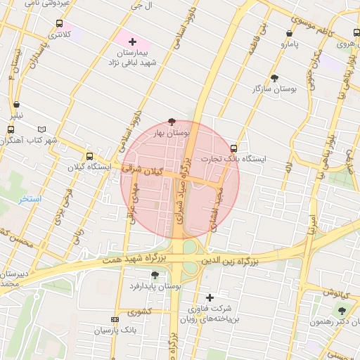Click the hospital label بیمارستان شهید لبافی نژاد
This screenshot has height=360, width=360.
click(131, 58)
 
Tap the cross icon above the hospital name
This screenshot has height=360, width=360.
click(132, 42)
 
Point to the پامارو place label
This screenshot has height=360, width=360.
click(290, 44)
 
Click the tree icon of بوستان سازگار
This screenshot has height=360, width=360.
click(274, 78)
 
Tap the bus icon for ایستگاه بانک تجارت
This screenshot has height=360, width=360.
click(234, 148)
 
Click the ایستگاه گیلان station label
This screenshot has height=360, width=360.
click(89, 167)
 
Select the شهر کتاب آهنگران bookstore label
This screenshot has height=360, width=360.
click(29, 141)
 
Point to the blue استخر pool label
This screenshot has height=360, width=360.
click(30, 199)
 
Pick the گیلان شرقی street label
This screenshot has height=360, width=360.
click(141, 169)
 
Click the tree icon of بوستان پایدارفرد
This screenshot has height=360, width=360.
click(155, 275)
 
